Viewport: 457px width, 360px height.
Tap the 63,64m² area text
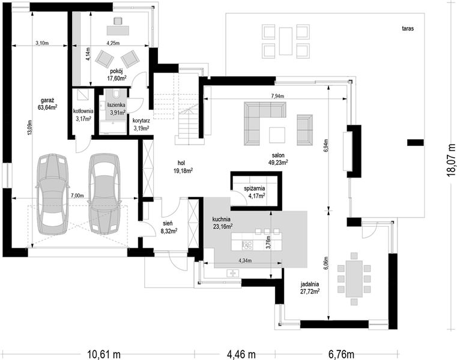pos(47,107)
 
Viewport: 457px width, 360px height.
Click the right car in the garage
pos(104,193)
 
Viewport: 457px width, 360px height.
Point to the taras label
pos(408,29)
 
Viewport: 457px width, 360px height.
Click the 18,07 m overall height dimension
pos(450,160)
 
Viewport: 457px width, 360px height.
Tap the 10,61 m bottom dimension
pos(104,355)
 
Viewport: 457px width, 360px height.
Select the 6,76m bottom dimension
pos(341,355)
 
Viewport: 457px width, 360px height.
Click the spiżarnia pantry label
pos(255,189)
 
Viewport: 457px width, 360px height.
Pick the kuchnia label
pos(221,219)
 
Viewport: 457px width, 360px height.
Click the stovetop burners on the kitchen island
pos(248,245)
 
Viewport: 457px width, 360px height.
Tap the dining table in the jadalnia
pos(354,279)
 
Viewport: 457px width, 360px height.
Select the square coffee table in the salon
pos(277,135)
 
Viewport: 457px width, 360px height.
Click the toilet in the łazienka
pos(116,94)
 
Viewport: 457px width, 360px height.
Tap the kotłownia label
pos(83,111)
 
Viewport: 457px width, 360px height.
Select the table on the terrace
pos(286,41)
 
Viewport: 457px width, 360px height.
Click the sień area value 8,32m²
pos(169,230)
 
